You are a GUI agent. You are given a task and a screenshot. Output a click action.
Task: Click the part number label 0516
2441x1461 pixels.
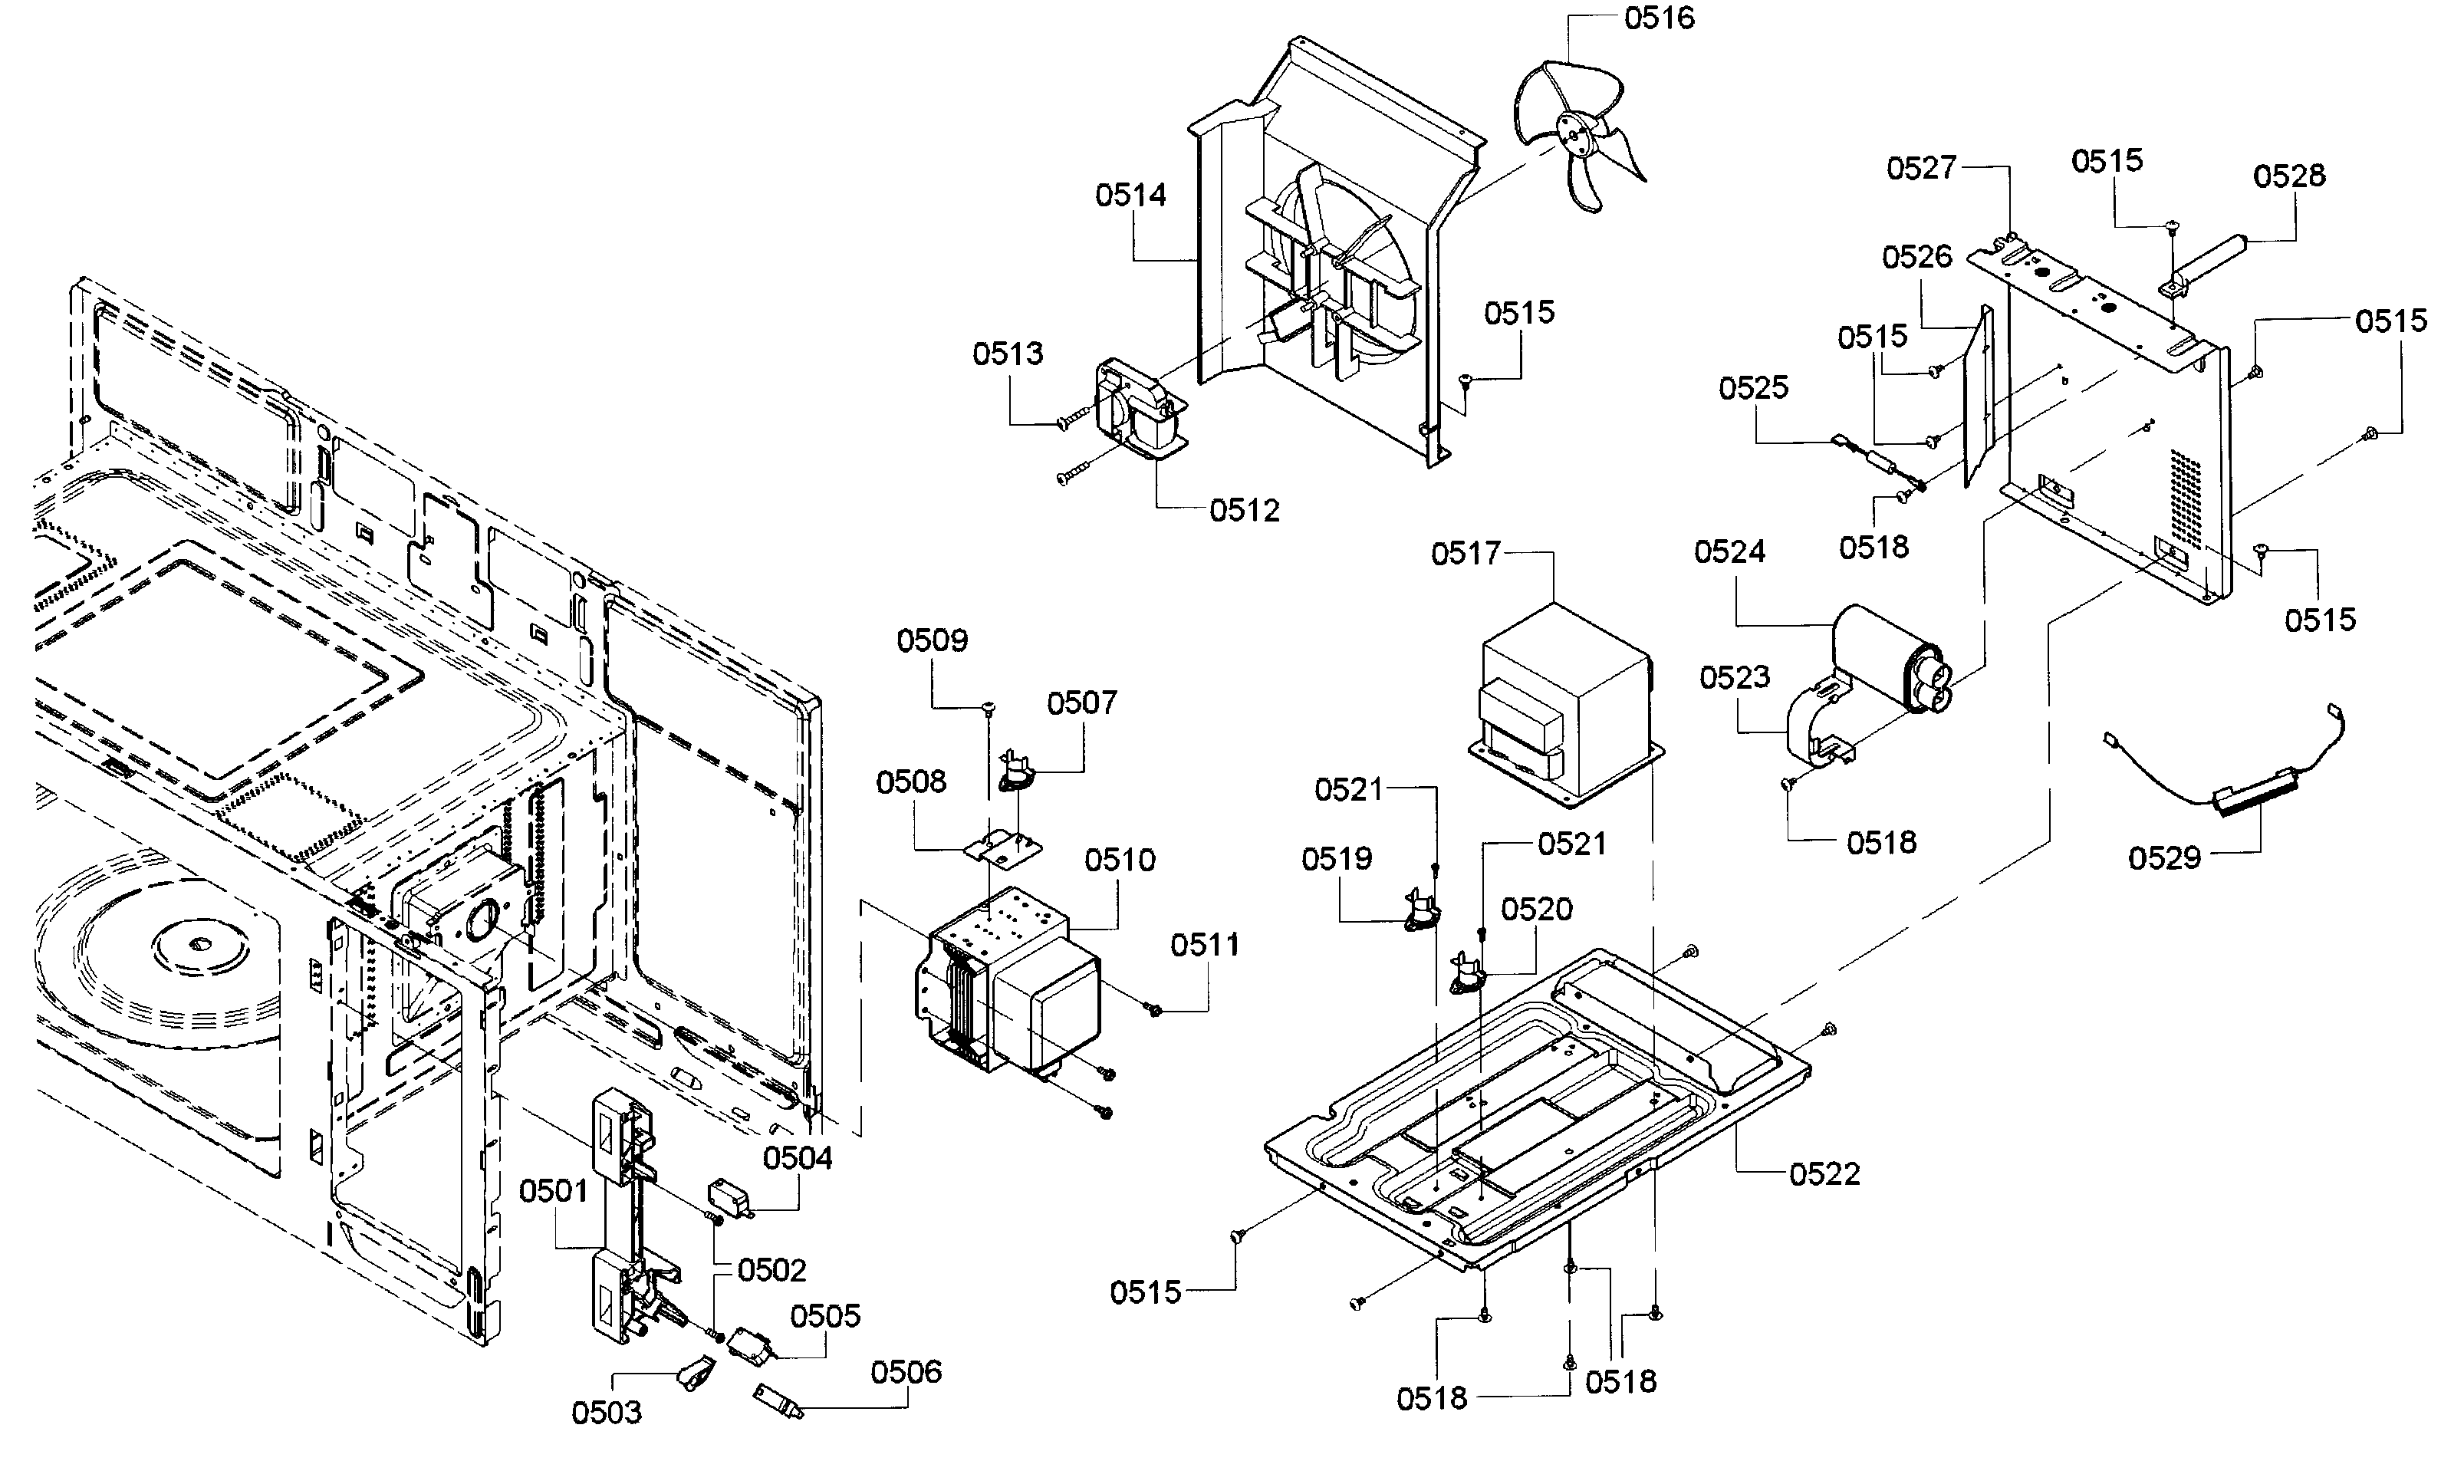point(1660,18)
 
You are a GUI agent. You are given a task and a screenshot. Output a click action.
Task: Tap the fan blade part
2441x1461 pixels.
point(1577,133)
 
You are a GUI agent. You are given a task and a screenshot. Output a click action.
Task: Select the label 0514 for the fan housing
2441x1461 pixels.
point(1131,195)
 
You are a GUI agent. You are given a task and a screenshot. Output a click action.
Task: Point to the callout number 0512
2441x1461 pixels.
point(1245,510)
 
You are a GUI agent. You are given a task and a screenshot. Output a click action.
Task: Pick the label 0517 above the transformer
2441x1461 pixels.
point(1466,553)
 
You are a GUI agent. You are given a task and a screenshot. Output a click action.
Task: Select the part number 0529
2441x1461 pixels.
point(2164,857)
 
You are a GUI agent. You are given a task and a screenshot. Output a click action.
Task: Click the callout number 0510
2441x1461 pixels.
point(1120,860)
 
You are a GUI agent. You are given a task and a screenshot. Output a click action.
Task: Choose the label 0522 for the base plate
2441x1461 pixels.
point(1825,1173)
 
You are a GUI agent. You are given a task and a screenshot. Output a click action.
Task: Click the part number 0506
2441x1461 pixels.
point(906,1371)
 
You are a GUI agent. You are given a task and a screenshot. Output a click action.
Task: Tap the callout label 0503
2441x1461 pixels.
point(607,1413)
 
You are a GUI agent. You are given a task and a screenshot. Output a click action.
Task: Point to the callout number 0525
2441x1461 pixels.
point(1754,388)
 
